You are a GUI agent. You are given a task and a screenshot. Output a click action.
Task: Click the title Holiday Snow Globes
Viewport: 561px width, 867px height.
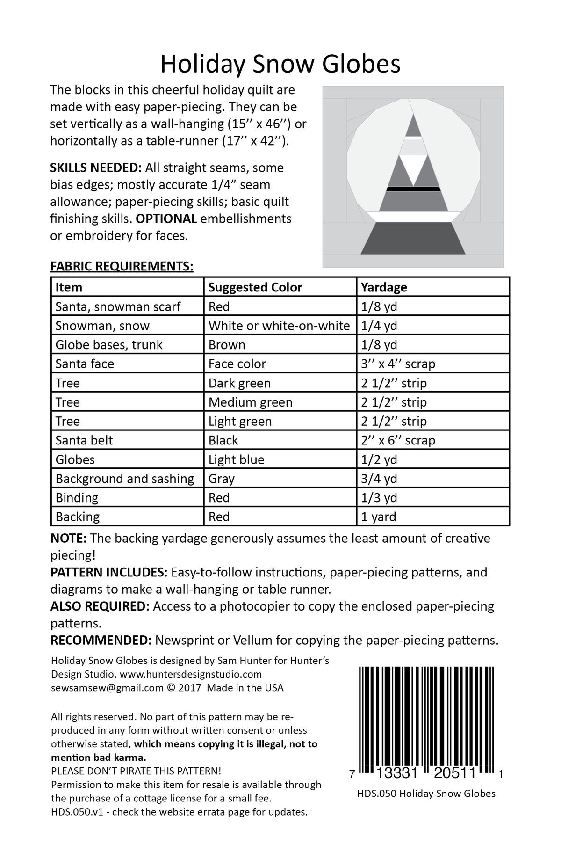pos(280,65)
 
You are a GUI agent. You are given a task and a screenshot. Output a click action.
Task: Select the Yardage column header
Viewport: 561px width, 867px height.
pos(384,287)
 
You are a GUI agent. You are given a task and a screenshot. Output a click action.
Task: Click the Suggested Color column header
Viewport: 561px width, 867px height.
pos(255,287)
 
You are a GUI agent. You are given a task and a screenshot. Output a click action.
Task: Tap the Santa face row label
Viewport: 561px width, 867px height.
pos(85,364)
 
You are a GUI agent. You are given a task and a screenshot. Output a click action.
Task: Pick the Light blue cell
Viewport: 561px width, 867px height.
pos(236,459)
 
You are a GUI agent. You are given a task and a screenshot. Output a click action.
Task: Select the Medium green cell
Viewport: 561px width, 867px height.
pos(250,402)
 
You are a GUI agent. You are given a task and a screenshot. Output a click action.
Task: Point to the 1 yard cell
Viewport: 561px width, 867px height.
pos(379,517)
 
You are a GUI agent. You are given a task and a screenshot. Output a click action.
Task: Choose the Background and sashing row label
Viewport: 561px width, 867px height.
pos(124,479)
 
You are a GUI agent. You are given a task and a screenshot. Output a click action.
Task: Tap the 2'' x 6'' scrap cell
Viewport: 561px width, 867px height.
pos(398,440)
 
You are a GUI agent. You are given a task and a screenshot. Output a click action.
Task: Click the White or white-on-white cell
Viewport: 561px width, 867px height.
pos(279,326)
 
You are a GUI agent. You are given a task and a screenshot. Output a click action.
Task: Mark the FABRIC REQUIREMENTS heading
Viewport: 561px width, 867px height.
pos(122,267)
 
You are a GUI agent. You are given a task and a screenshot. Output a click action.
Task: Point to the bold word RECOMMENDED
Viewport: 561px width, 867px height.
pos(101,640)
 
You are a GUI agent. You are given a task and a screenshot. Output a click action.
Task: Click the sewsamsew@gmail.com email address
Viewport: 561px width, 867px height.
pos(107,688)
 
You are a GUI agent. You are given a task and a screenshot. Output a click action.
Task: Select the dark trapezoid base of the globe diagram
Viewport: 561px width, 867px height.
pos(413,239)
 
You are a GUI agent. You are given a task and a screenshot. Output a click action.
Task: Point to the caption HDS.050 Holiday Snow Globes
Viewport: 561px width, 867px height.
pos(426,794)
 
